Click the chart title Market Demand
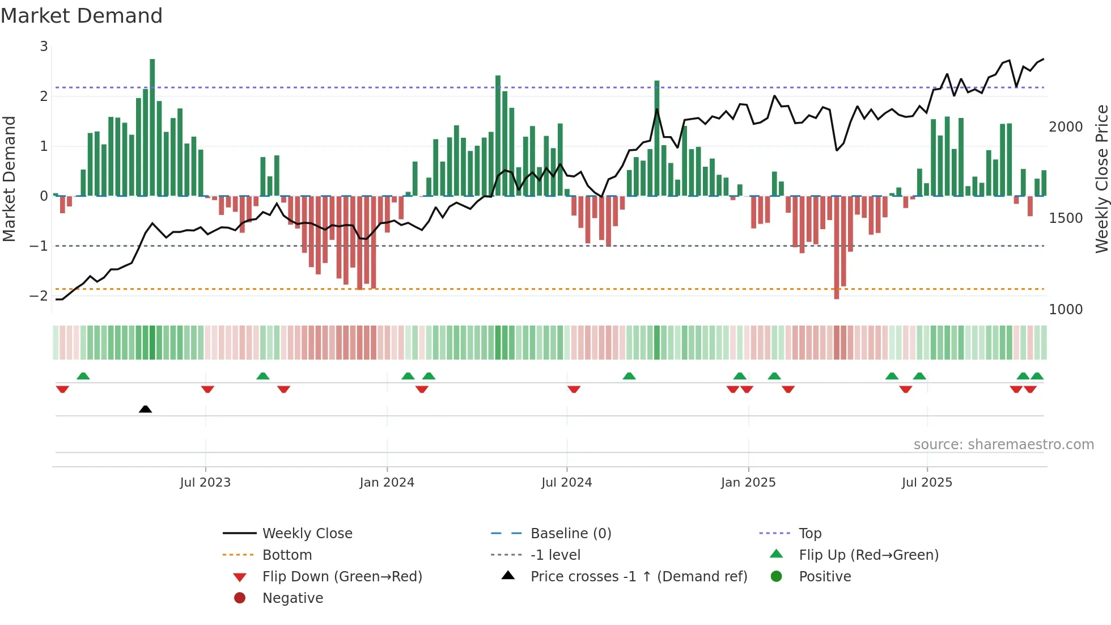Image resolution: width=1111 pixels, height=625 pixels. click(82, 16)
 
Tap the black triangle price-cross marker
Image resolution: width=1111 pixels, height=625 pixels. click(145, 409)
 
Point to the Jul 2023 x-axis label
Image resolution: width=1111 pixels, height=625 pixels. click(205, 483)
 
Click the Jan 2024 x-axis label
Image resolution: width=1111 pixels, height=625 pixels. click(387, 483)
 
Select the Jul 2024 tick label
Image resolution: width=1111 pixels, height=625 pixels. click(566, 483)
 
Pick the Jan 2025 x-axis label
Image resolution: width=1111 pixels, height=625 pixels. click(748, 483)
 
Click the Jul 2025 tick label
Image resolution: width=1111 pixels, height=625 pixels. click(927, 483)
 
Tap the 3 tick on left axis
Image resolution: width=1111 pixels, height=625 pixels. click(44, 47)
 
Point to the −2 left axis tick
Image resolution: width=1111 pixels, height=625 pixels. click(39, 295)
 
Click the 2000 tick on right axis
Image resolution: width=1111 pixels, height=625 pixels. click(1066, 127)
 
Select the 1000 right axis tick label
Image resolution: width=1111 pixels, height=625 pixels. click(1066, 310)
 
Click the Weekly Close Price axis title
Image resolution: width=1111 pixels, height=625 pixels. click(1101, 179)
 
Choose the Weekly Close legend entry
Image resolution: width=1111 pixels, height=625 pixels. click(307, 534)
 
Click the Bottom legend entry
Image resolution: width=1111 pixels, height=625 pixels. click(287, 555)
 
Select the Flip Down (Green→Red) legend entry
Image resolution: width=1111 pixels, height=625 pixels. click(342, 577)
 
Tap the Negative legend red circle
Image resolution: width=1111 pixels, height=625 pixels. click(240, 598)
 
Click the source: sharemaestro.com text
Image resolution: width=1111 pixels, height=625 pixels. click(1003, 445)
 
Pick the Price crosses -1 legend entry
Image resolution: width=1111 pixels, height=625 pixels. click(638, 577)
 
